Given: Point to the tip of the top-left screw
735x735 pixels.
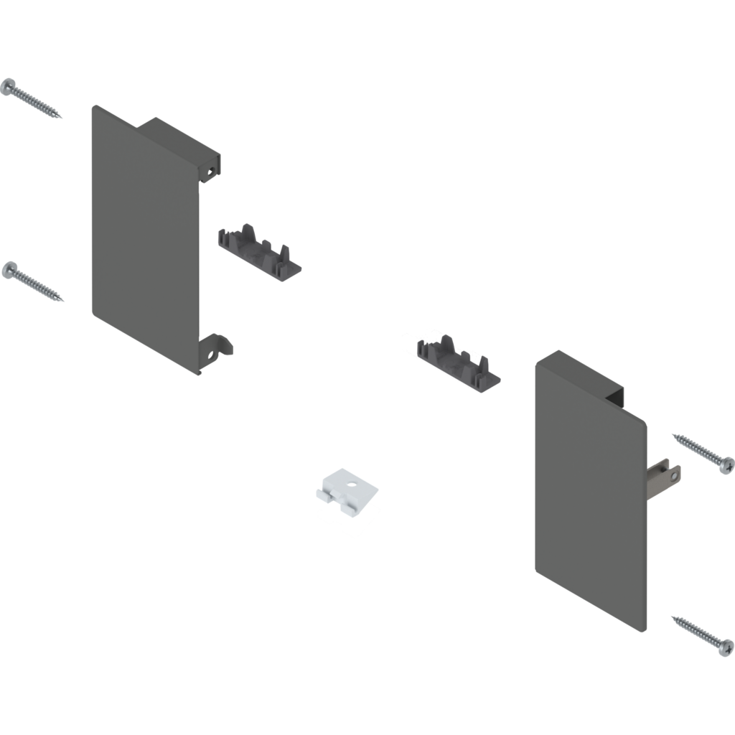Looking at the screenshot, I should (63, 118).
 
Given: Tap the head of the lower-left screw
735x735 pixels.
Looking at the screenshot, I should (9, 270).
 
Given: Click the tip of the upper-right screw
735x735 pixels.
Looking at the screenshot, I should (671, 433).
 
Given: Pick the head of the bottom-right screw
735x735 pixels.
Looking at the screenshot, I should (726, 644).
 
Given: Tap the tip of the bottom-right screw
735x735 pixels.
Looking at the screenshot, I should (670, 616).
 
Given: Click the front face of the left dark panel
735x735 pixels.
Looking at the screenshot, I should (144, 237).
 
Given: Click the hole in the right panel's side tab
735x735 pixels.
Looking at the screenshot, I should (673, 472).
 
